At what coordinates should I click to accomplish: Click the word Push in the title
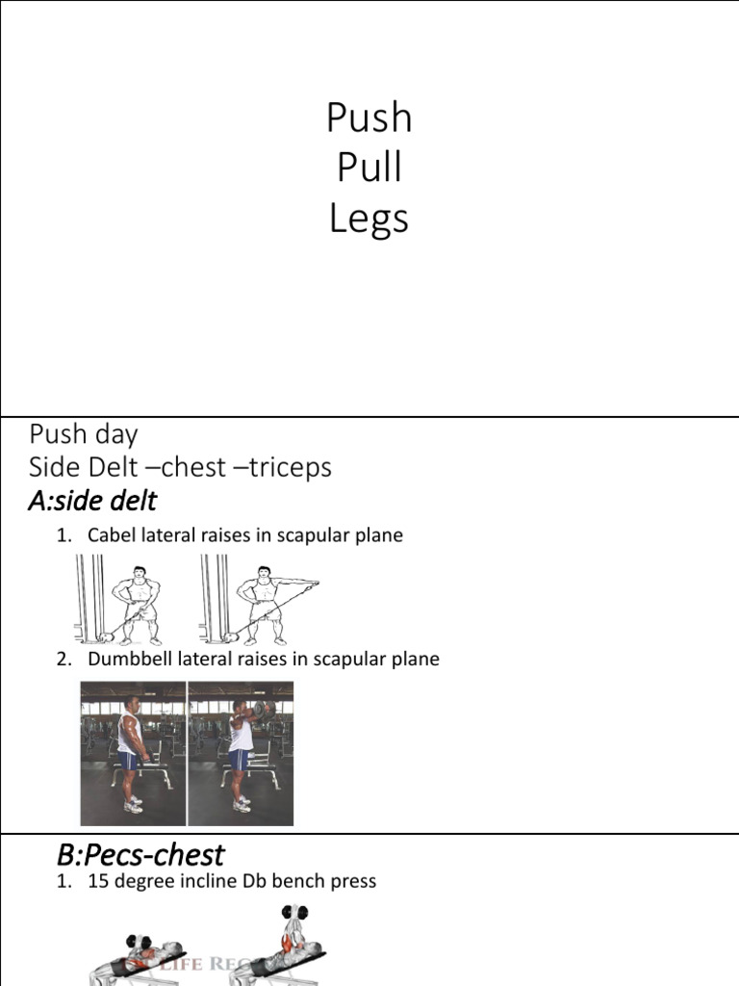[x=369, y=118]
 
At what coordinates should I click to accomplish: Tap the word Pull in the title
[x=369, y=169]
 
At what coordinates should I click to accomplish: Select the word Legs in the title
[x=369, y=220]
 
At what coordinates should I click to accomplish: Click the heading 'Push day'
[x=83, y=434]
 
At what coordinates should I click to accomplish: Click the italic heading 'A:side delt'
[x=92, y=501]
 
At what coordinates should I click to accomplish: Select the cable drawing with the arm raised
[x=258, y=605]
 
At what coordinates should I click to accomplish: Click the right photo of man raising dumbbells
[x=241, y=753]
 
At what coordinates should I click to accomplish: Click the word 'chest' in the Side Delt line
[x=191, y=467]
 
